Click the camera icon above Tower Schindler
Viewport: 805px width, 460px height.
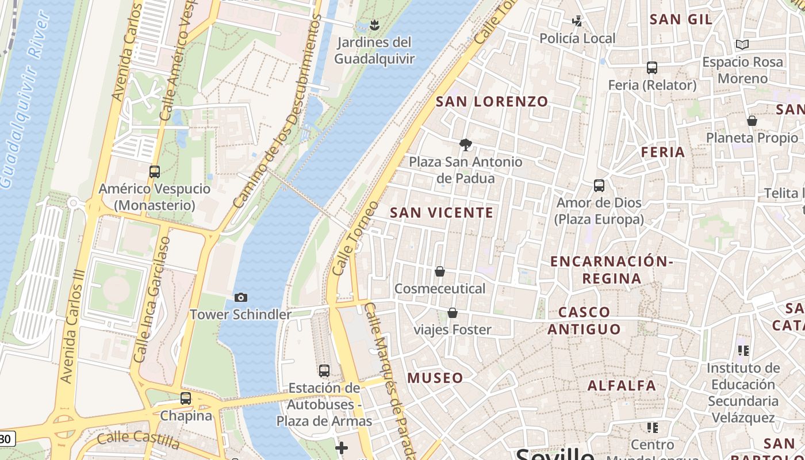tap(241, 297)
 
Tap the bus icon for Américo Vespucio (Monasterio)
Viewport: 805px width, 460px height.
tap(154, 171)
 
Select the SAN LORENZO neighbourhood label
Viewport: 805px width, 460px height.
tap(492, 102)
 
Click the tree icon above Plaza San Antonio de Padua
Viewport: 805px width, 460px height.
tap(465, 145)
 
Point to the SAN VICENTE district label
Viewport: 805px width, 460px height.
tap(442, 213)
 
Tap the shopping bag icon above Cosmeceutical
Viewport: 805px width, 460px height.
tap(440, 271)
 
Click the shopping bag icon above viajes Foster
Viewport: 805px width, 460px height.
tap(453, 313)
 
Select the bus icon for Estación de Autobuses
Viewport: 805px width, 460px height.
tap(324, 371)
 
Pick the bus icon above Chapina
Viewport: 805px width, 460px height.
tap(185, 398)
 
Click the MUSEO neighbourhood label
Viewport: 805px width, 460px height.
tap(435, 378)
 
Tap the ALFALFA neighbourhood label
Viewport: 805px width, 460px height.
tap(622, 385)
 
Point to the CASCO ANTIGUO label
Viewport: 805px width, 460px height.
tap(584, 321)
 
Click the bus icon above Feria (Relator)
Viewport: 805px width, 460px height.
tap(651, 68)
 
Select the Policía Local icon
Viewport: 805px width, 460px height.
tap(577, 22)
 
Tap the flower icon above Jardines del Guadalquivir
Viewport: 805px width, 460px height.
tap(374, 25)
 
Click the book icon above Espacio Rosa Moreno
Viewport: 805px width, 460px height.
tap(742, 44)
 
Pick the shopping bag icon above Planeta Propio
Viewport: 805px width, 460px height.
tap(752, 121)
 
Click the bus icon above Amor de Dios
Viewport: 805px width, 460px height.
tap(599, 186)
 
